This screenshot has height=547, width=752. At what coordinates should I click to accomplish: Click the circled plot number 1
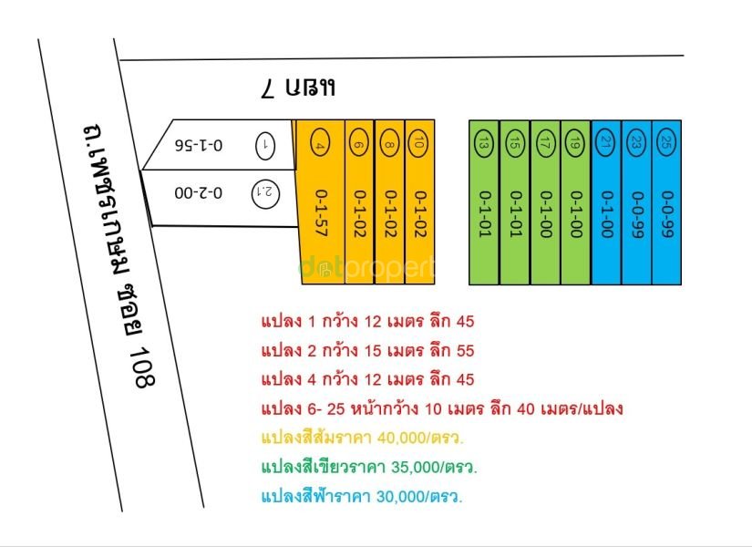tap(265, 145)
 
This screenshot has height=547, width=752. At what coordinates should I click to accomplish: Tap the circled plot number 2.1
tap(265, 193)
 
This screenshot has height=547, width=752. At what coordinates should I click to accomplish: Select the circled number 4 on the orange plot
tap(320, 142)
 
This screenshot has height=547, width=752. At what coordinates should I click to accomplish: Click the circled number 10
tap(418, 143)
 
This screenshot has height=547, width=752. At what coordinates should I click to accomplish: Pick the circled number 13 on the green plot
tap(483, 143)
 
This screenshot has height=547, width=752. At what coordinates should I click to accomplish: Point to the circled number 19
tap(574, 143)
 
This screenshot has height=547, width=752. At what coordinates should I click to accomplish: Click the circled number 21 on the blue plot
tap(605, 143)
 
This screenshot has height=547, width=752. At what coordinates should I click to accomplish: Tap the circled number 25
tap(665, 142)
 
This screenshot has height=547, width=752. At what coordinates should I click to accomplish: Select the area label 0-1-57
tap(320, 213)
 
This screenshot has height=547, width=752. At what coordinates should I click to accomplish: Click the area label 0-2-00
tap(199, 193)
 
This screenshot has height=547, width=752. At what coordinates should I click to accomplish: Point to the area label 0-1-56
tap(199, 145)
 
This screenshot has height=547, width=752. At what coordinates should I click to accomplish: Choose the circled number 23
tap(636, 143)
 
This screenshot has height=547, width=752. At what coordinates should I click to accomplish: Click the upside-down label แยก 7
tap(298, 88)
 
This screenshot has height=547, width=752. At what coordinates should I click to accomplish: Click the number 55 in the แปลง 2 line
tap(465, 351)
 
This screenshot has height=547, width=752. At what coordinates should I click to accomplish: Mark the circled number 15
tap(514, 143)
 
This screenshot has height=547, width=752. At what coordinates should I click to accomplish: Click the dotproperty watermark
tap(367, 269)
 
